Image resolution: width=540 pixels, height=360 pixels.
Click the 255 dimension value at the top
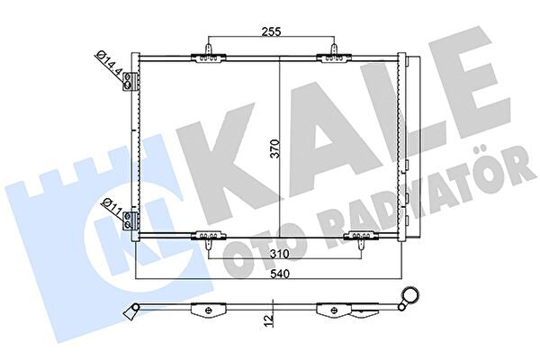(272, 31)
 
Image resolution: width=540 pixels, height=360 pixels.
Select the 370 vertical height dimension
(275, 148)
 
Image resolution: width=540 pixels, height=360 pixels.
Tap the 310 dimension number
(279, 255)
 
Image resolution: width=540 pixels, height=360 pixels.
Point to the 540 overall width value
(280, 274)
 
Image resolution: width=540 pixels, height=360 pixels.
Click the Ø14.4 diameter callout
(109, 65)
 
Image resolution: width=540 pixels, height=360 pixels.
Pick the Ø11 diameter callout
(112, 207)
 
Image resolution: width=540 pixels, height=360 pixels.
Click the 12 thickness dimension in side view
(270, 319)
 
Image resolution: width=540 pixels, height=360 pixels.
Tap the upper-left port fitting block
(130, 81)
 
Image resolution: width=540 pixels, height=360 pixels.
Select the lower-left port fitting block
(130, 220)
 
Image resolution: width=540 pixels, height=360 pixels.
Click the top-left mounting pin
(209, 49)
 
